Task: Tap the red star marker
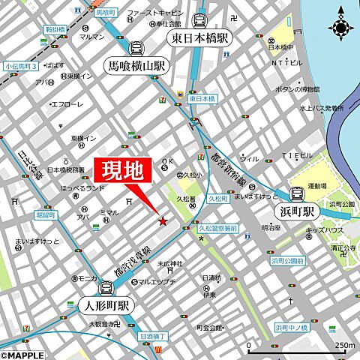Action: point(162,220)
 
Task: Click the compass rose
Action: point(341,28)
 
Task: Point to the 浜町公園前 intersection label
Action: point(287,260)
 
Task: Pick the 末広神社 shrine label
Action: point(170,264)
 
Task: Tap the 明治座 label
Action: point(271,227)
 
